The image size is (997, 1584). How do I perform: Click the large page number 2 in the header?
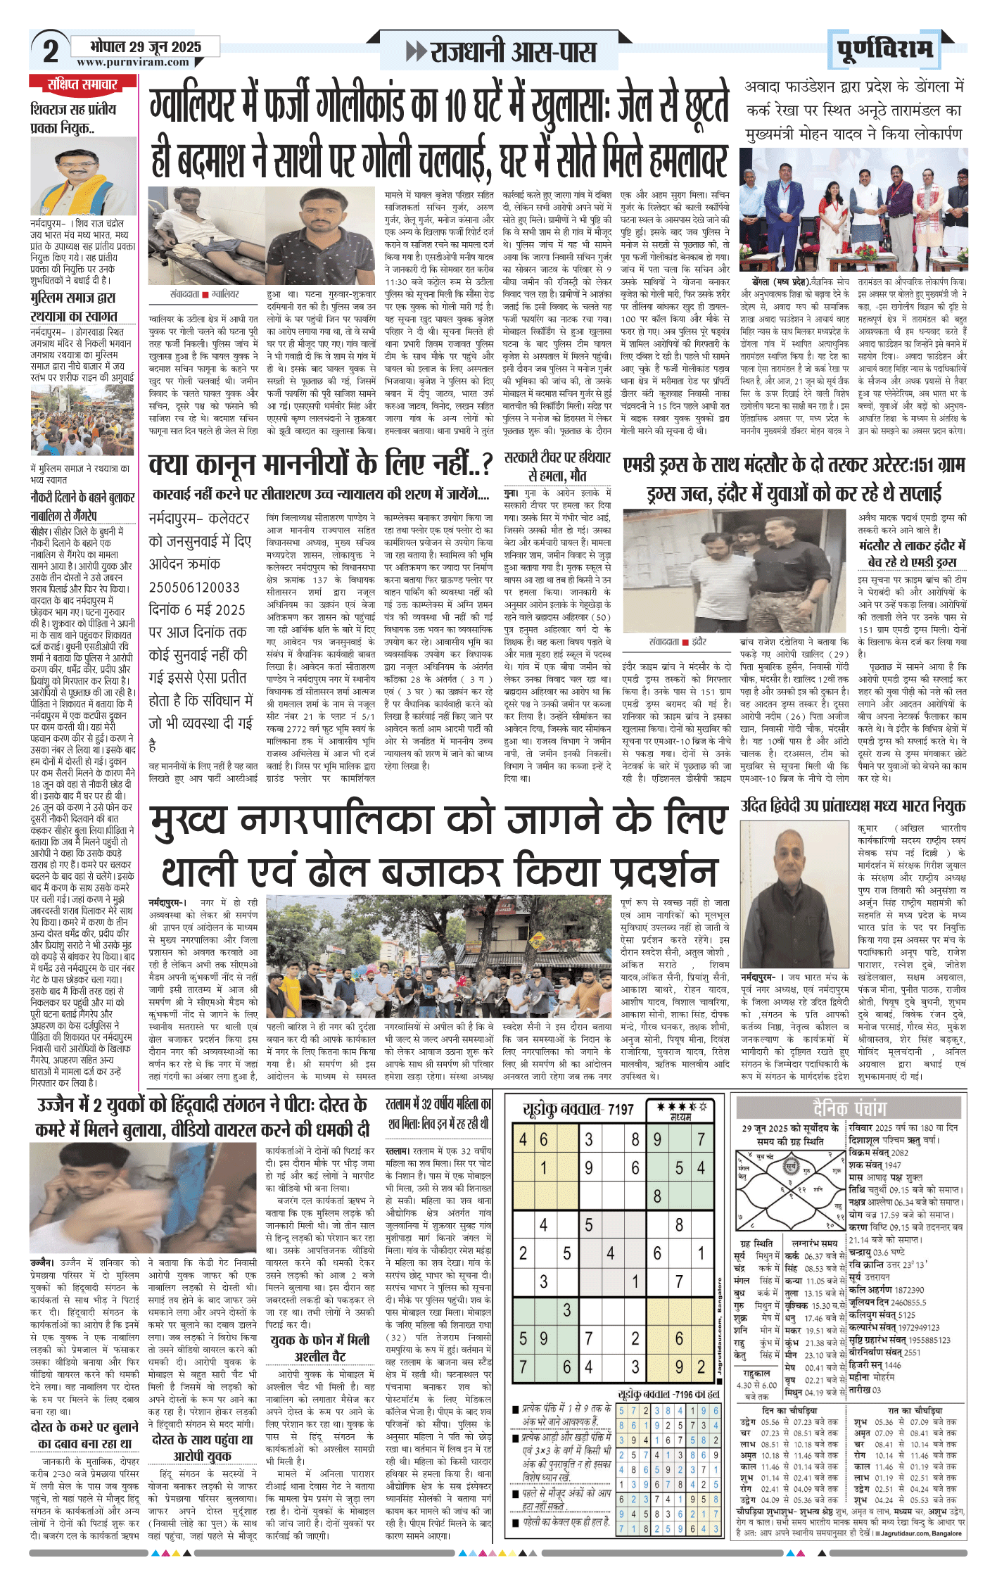tap(51, 51)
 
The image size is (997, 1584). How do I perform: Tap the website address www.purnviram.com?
tap(133, 62)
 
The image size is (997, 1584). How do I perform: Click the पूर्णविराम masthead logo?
tap(885, 50)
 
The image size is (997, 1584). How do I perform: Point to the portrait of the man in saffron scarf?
tap(83, 176)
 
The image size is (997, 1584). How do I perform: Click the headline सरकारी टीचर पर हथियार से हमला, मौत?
tap(558, 466)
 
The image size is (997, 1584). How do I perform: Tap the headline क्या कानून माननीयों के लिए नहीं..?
tap(320, 465)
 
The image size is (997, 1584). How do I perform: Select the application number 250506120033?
tap(194, 588)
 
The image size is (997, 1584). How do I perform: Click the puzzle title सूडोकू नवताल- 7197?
tap(578, 1110)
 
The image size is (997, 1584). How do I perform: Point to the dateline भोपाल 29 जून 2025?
tap(146, 47)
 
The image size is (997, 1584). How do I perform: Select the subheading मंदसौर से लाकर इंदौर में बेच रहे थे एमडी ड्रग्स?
tap(912, 553)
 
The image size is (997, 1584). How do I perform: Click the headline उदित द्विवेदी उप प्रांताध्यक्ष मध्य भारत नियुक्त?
tap(853, 806)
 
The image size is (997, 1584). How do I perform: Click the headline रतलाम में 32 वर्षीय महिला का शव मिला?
tap(438, 1114)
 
